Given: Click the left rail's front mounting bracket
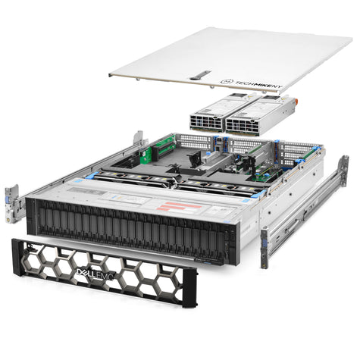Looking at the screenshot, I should (x=12, y=198).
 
